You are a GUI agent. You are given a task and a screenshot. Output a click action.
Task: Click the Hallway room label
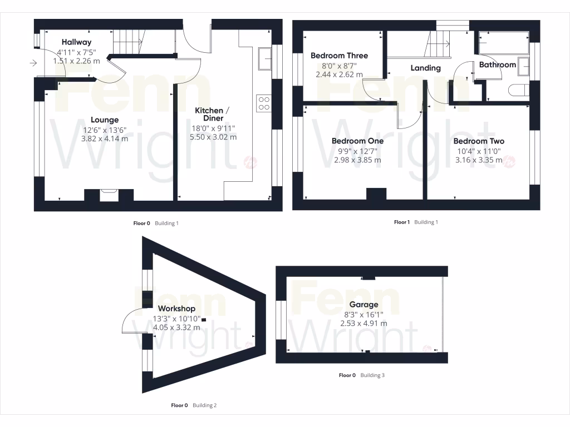point(76,42)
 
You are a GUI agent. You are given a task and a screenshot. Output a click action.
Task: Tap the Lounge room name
point(105,120)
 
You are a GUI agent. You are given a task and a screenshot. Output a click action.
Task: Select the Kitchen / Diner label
point(209,115)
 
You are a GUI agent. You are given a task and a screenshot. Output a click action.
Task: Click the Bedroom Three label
point(339,56)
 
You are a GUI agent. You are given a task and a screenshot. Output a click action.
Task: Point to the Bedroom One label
point(357,141)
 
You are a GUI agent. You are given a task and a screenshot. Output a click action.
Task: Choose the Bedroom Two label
point(479,141)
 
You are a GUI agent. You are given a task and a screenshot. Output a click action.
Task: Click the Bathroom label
point(498,64)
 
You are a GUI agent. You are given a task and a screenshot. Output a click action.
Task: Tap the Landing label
point(425,68)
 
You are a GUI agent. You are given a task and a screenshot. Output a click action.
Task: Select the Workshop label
point(176,309)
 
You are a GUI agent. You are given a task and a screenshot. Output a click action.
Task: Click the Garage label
point(363,305)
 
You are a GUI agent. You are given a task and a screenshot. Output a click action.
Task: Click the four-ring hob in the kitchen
point(263,103)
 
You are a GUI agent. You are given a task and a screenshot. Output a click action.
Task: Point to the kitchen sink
point(264,58)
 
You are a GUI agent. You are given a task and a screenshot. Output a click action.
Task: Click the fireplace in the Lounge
point(109,194)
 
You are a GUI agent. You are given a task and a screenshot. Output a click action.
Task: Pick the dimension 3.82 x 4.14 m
point(105,139)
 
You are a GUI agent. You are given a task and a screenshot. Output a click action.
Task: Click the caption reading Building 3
point(372,375)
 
